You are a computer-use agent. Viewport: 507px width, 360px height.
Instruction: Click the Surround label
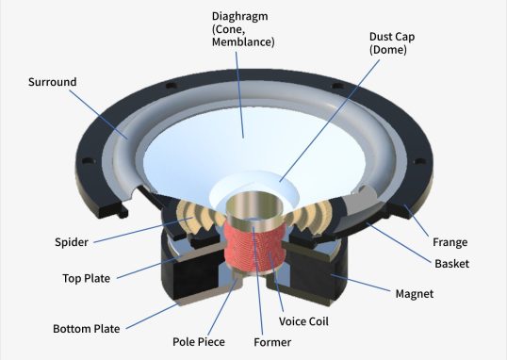(53, 82)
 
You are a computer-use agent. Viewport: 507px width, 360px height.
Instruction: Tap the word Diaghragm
(240, 17)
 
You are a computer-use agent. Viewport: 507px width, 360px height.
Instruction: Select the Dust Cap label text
(392, 37)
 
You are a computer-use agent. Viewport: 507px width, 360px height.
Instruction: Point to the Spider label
(72, 242)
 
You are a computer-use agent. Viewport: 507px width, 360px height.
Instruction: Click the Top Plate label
(87, 278)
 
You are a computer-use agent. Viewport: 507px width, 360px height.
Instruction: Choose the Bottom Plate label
(87, 329)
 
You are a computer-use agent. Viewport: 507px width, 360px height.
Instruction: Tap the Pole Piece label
(199, 342)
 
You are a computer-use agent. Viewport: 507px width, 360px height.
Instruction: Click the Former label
(272, 342)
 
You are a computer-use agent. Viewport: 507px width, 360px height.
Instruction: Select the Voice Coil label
(303, 321)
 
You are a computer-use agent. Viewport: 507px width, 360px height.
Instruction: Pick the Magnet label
(415, 294)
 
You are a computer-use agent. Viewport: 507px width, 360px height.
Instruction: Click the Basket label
(451, 264)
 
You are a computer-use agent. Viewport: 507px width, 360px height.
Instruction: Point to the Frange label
(450, 242)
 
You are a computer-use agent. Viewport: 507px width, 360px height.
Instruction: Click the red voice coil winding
(255, 248)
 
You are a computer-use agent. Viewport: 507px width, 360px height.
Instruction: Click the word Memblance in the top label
(242, 42)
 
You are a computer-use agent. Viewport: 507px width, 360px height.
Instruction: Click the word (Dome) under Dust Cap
(388, 50)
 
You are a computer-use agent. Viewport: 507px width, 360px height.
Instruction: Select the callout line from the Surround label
(99, 114)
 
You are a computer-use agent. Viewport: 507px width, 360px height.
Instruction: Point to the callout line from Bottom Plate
(152, 317)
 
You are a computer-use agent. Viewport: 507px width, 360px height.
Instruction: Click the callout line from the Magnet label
(360, 283)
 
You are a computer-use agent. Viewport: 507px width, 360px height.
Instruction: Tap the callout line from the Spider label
(142, 230)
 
